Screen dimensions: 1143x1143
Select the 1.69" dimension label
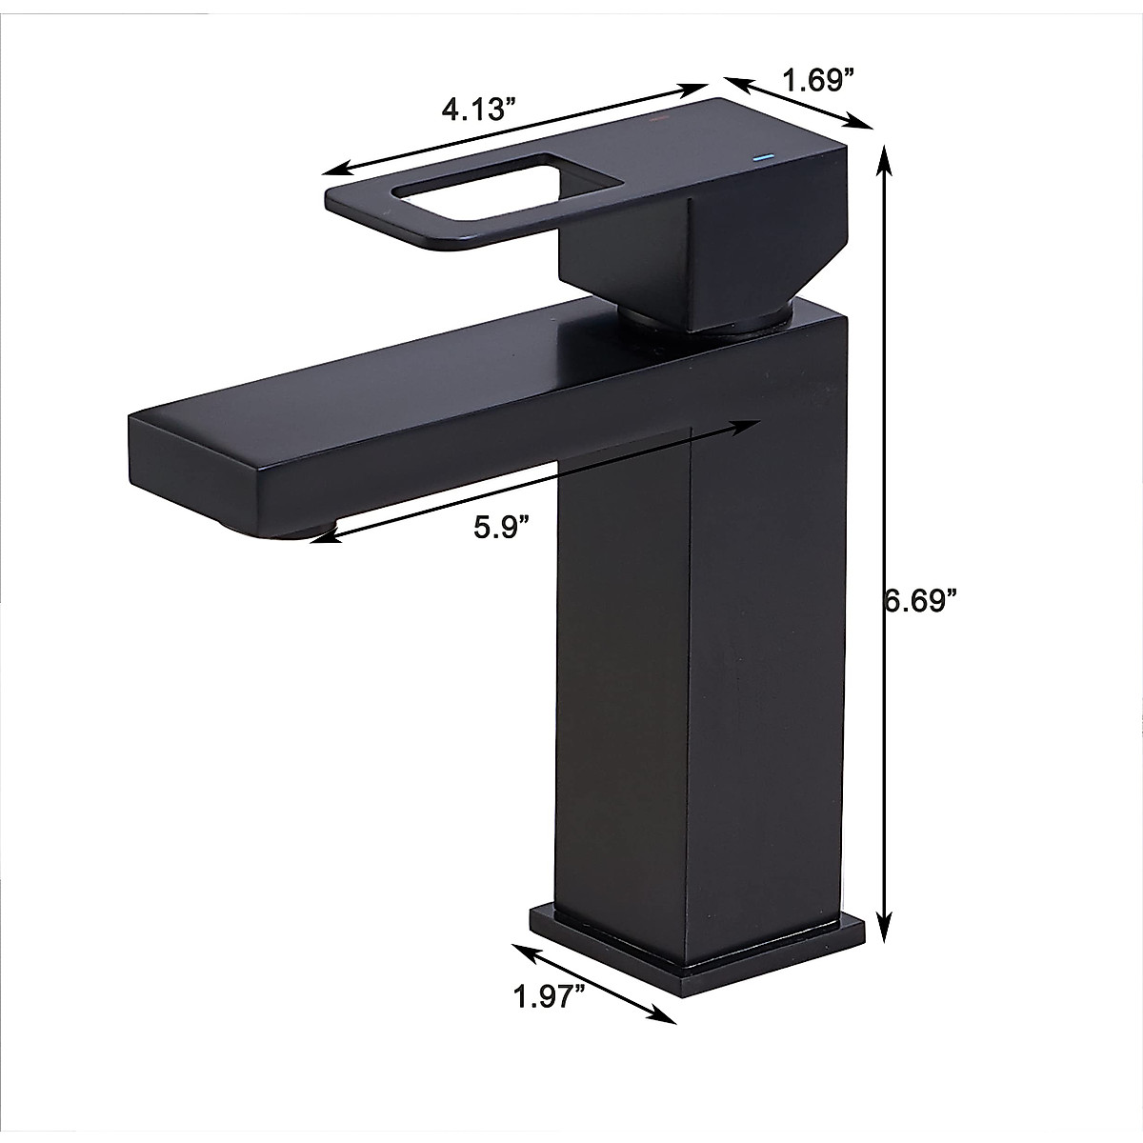pyautogui.click(x=815, y=81)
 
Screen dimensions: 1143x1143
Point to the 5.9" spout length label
pyautogui.click(x=501, y=527)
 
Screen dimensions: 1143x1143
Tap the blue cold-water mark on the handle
pyautogui.click(x=760, y=156)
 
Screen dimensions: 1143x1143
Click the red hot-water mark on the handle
pyautogui.click(x=655, y=122)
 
